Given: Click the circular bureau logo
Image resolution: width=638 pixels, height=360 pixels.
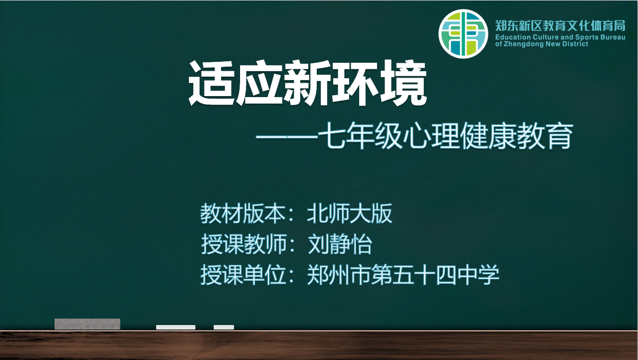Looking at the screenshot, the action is pyautogui.click(x=463, y=33).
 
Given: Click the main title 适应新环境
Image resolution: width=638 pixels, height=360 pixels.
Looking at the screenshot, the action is pyautogui.click(x=308, y=83).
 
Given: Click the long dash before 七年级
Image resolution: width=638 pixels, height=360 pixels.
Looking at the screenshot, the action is pyautogui.click(x=287, y=137).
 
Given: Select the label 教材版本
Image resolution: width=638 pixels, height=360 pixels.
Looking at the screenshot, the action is pyautogui.click(x=243, y=213).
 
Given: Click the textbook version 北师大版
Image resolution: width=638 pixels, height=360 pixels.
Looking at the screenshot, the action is pyautogui.click(x=350, y=213).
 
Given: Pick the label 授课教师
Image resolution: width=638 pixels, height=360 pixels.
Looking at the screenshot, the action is pyautogui.click(x=244, y=244).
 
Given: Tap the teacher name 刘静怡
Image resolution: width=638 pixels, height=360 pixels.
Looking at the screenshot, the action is pyautogui.click(x=340, y=244).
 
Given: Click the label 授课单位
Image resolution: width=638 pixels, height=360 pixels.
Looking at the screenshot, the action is pyautogui.click(x=243, y=275).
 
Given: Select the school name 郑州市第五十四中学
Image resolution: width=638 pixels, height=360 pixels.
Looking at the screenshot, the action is pyautogui.click(x=403, y=275).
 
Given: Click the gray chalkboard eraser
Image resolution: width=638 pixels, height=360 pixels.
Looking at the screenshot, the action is pyautogui.click(x=88, y=324).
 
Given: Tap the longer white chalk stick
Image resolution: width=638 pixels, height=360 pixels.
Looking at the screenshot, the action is pyautogui.click(x=176, y=327).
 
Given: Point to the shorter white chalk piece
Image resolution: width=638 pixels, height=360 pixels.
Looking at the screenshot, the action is pyautogui.click(x=224, y=327).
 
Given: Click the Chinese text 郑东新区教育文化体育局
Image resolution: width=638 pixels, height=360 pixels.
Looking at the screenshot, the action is pyautogui.click(x=560, y=25).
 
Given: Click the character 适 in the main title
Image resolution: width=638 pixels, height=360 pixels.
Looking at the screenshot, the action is pyautogui.click(x=212, y=83).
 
